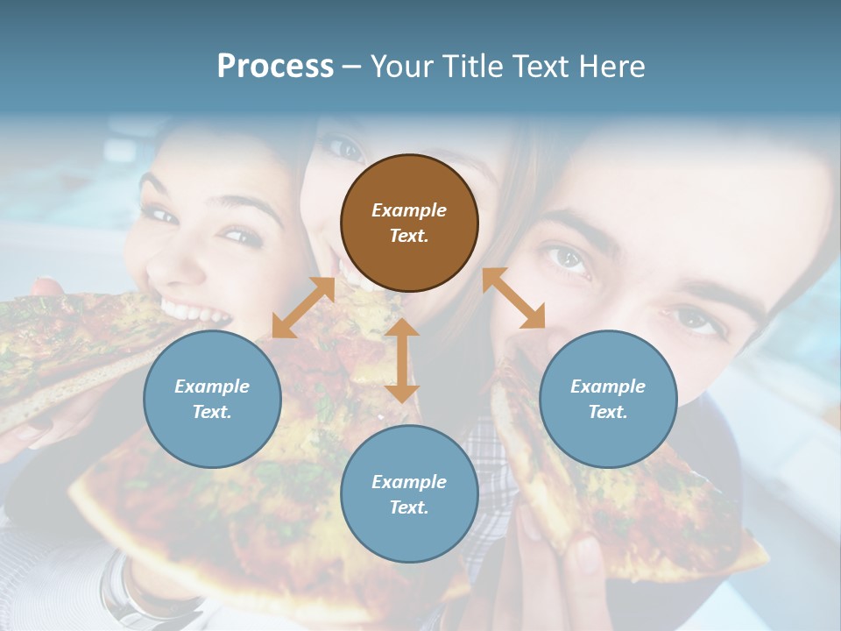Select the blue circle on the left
[x=212, y=399]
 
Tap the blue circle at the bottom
[x=409, y=493]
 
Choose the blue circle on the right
[x=608, y=399]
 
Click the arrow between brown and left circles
[x=303, y=308]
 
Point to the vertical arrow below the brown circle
[x=402, y=360]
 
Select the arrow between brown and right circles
[x=513, y=298]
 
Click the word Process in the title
[x=275, y=66]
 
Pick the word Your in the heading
[x=400, y=66]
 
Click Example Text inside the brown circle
[x=409, y=223]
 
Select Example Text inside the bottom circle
[x=409, y=494]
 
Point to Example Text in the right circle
[x=608, y=399]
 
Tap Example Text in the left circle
[x=212, y=399]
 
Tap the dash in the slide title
[x=351, y=67]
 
